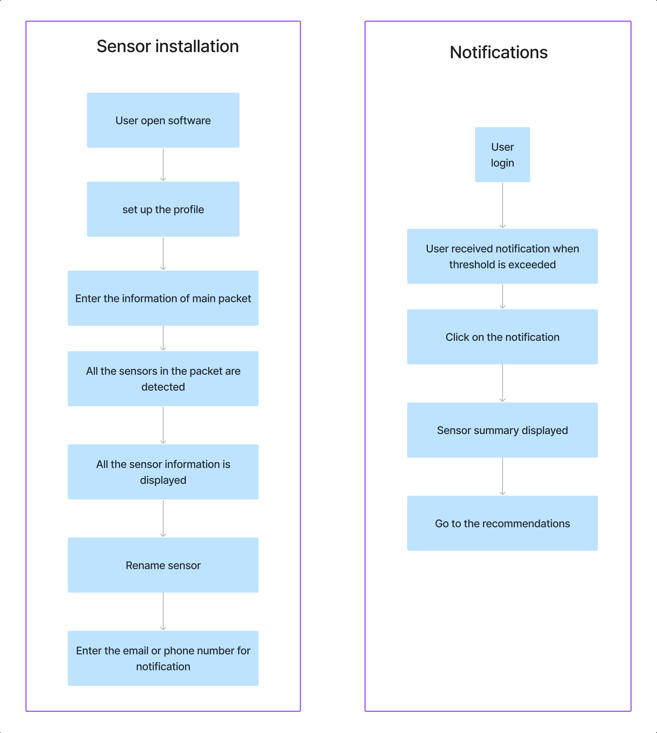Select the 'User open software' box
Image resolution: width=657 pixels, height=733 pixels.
pos(163,120)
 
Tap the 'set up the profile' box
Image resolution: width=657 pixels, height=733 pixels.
pos(163,209)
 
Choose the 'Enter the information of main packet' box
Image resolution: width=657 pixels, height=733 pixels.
pos(163,298)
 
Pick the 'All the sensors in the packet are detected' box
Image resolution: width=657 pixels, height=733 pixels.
pos(163,379)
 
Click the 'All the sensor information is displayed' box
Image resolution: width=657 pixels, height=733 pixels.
pos(163,472)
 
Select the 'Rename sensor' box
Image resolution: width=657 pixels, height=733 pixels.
pos(163,565)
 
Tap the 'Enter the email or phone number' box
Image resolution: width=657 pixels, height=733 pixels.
pos(163,658)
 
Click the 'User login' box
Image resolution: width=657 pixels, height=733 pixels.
pos(503,155)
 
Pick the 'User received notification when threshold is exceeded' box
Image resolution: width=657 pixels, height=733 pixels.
pos(503,256)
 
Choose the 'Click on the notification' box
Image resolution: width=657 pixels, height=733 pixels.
pos(503,337)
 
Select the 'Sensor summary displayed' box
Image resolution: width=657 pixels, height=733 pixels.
pos(503,430)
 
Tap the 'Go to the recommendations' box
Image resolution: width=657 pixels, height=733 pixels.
pos(503,523)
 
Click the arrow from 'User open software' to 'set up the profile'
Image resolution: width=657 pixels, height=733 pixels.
pos(163,165)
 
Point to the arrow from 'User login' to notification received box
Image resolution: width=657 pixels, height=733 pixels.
pos(503,205)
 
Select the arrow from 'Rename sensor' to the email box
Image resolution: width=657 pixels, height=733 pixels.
pos(163,611)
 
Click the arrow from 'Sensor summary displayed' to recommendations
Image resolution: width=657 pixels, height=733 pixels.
pos(503,476)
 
